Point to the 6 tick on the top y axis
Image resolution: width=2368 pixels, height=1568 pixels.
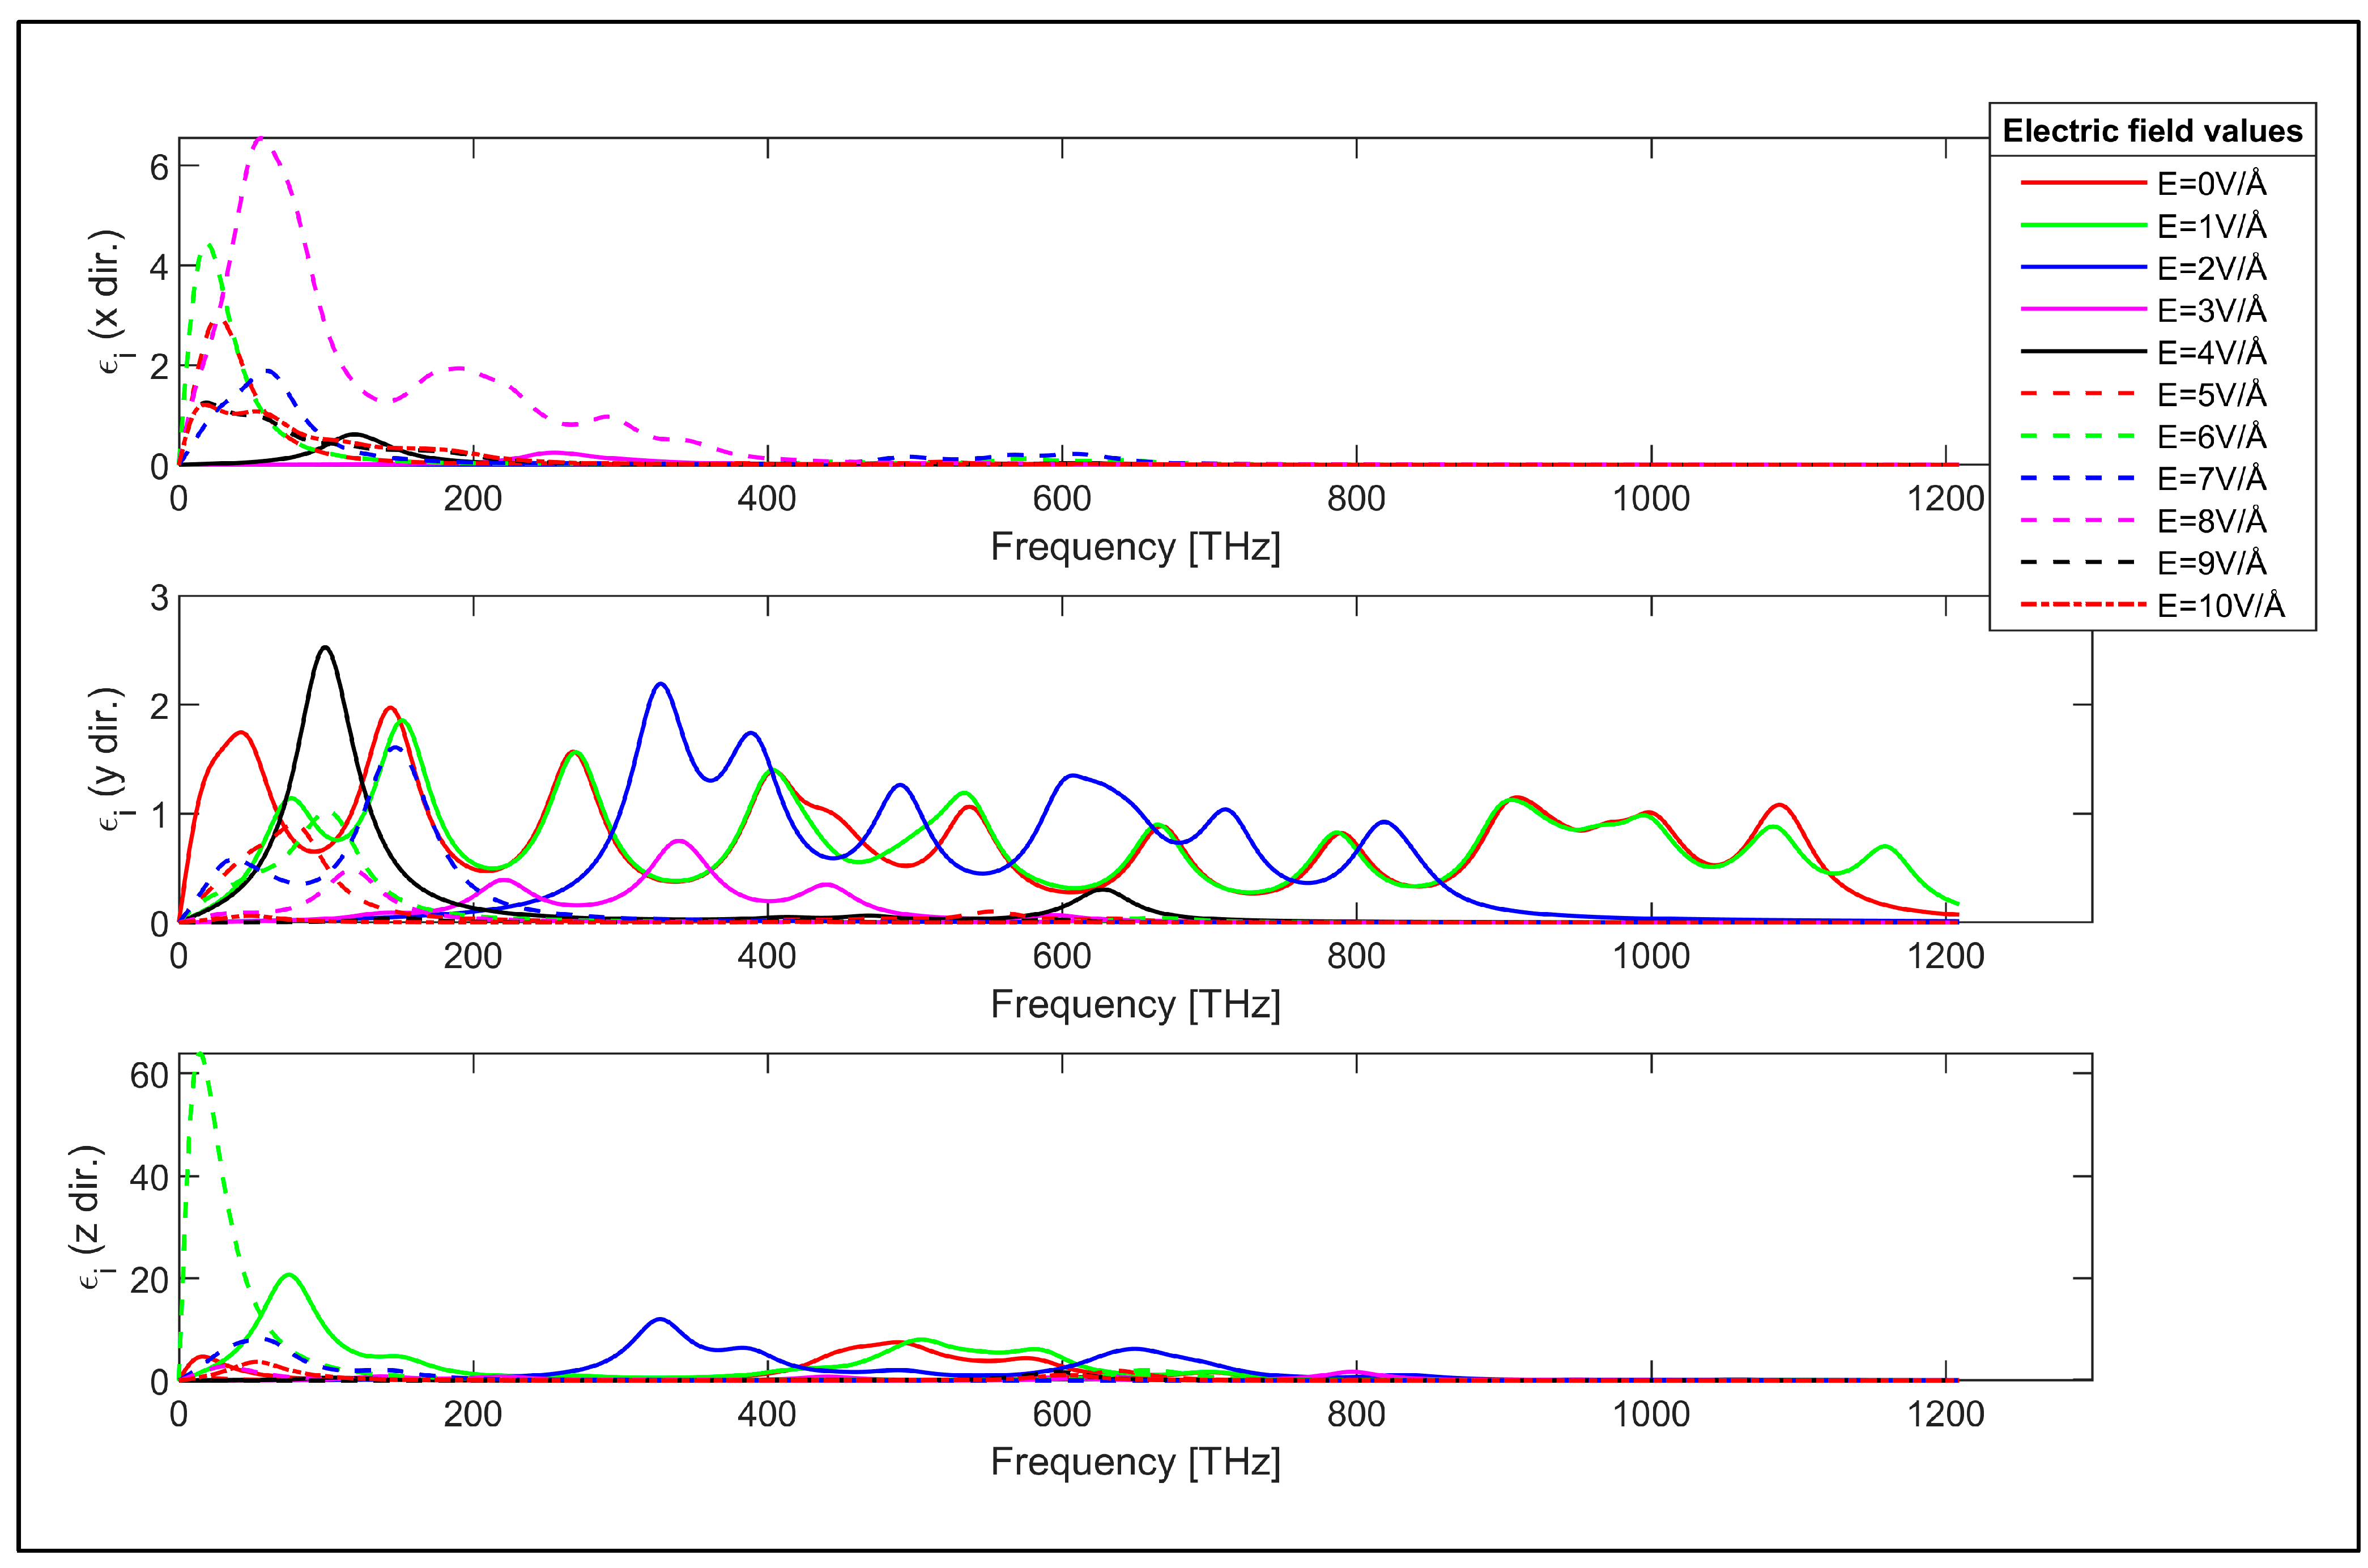pos(159,167)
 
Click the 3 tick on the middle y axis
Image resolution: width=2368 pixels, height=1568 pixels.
pos(159,598)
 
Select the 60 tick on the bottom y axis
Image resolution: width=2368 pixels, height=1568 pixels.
pos(149,1075)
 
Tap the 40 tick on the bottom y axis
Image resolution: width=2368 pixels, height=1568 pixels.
pos(149,1178)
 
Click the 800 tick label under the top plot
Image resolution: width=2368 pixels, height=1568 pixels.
pos(1356,499)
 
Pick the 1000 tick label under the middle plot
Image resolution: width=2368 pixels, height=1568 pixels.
pos(1650,957)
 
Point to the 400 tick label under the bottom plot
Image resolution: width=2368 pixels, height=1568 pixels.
pos(767,1414)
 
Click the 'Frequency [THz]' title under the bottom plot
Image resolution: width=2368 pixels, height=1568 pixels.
pos(1135,1462)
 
